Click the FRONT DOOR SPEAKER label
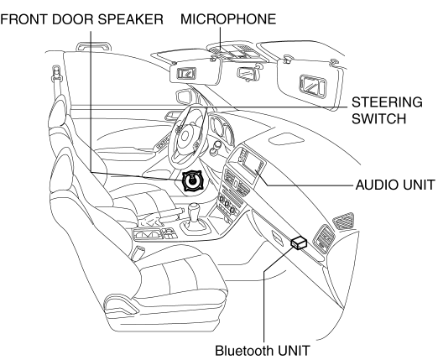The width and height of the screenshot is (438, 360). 81,19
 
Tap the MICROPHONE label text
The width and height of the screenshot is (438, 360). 228,19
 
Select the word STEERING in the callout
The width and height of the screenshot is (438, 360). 387,102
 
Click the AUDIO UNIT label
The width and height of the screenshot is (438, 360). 395,185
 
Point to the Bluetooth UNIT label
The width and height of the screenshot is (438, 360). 263,351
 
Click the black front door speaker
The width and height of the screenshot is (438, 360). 192,181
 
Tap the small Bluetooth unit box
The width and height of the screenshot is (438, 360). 299,242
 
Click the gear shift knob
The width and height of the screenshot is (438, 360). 194,208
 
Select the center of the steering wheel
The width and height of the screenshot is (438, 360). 185,136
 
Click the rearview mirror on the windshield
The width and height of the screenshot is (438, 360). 247,74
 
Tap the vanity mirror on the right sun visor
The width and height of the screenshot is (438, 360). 313,85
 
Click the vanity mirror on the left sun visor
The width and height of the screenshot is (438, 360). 186,73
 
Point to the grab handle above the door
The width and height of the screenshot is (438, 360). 94,45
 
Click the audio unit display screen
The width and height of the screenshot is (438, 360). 253,166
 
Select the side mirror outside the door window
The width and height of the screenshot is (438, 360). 185,97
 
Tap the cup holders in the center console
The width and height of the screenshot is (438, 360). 149,234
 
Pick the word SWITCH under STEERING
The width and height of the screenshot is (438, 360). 378,118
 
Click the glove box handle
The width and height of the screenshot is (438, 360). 277,236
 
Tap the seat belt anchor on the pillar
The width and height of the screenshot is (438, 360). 56,74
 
